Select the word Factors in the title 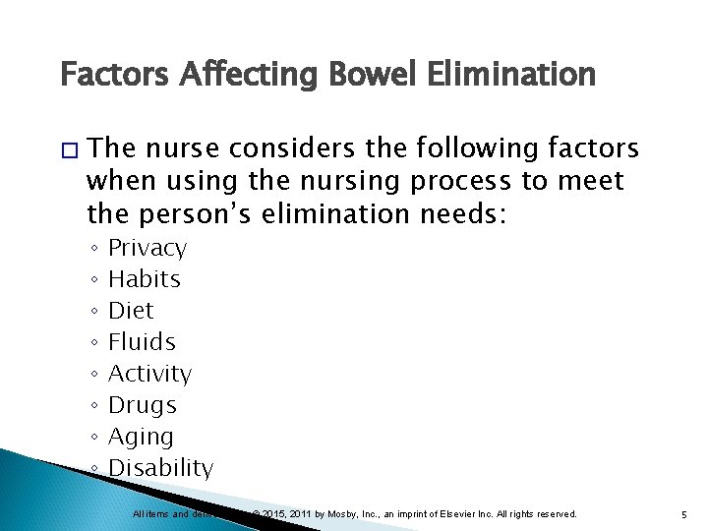click(109, 75)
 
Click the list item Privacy click(147, 248)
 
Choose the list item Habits click(145, 279)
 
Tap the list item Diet click(131, 311)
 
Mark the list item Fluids click(142, 342)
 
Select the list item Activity click(149, 374)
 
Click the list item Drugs click(143, 405)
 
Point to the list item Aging click(141, 438)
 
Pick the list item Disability click(160, 468)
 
